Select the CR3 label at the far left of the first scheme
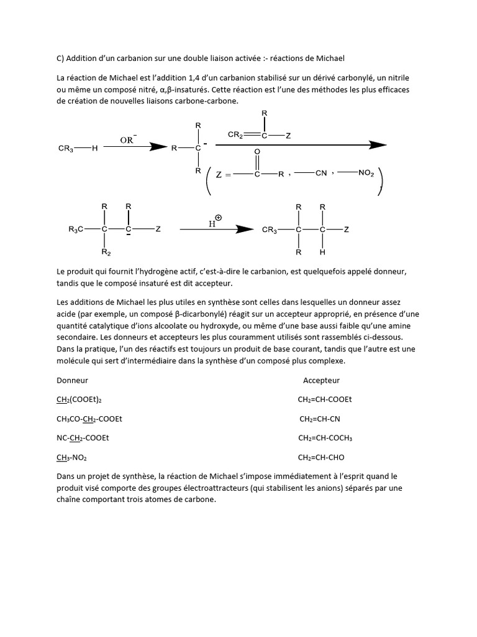point(66,148)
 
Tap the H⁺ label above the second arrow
point(214,221)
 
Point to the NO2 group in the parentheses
point(366,174)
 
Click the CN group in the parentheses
point(320,174)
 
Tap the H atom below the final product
point(322,253)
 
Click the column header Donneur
point(73,380)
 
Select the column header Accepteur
point(321,380)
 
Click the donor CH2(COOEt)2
point(84,399)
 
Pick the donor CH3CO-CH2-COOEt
point(89,419)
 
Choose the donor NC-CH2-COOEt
point(83,438)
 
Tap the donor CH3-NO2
point(72,457)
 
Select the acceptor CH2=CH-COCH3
point(325,438)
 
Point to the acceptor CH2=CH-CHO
point(321,457)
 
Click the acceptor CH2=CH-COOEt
point(325,399)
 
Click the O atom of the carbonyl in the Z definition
point(257,151)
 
